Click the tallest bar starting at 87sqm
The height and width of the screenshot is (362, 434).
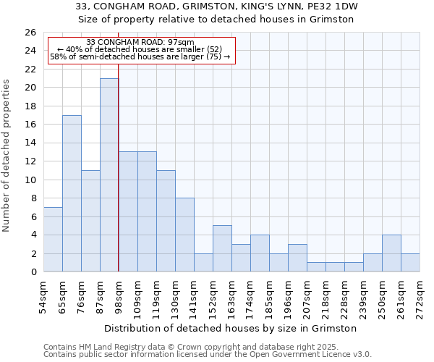click(109, 175)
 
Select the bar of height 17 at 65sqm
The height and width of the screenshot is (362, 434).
click(72, 193)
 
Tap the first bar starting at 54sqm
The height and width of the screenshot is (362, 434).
click(53, 240)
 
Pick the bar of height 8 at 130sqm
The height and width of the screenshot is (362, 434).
click(184, 235)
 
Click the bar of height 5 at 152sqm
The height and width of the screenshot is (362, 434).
click(222, 249)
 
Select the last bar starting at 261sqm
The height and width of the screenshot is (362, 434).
click(410, 263)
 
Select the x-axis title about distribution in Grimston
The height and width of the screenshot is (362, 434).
click(231, 328)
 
